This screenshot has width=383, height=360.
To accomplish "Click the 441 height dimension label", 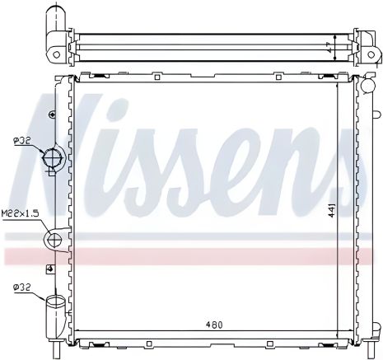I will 331,211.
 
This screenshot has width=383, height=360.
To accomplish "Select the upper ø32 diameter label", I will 21,142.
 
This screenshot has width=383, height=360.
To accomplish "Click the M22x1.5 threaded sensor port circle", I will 54,241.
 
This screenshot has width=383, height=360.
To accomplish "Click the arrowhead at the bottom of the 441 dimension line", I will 339,335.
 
